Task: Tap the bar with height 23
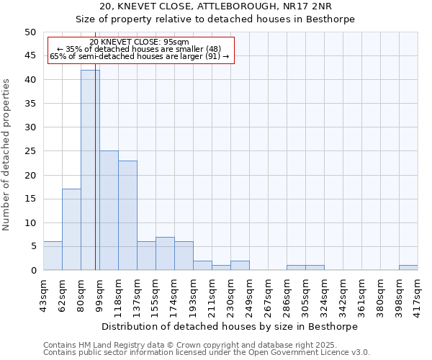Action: pyautogui.click(x=127, y=215)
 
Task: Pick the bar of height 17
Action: pyautogui.click(x=71, y=230)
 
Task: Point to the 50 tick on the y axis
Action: pyautogui.click(x=30, y=32)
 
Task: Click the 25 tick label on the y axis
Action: pyautogui.click(x=30, y=151)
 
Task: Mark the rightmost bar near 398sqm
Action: pyautogui.click(x=408, y=268)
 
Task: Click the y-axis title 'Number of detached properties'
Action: pyautogui.click(x=7, y=155)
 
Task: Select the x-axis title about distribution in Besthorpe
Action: pyautogui.click(x=230, y=326)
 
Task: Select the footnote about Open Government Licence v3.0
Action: pyautogui.click(x=206, y=353)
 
